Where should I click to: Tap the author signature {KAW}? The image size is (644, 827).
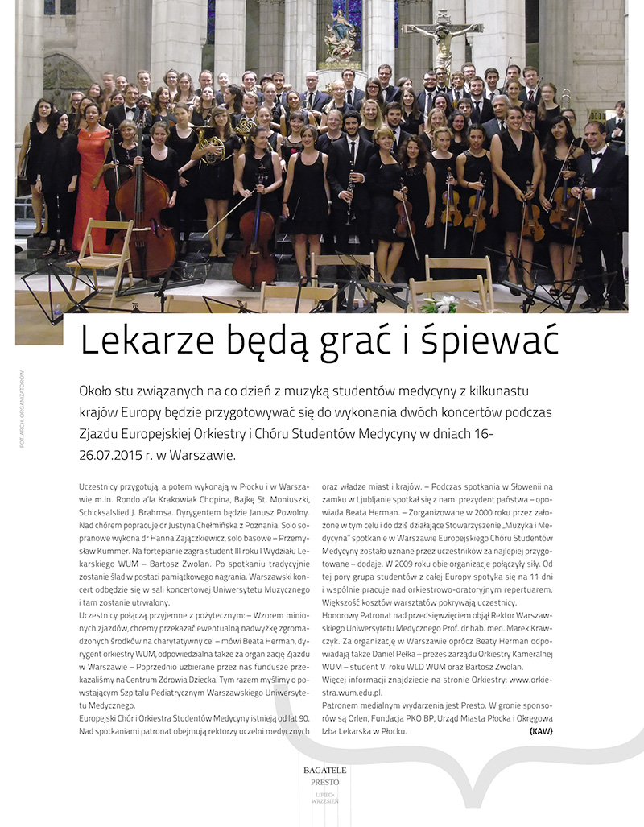click(x=541, y=731)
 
